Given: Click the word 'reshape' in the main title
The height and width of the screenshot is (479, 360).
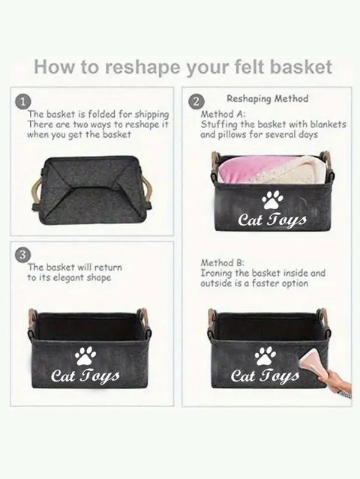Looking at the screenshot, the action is (142, 67).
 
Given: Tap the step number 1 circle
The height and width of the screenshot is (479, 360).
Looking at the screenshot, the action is (22, 102).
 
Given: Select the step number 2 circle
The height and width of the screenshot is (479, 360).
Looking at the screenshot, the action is (195, 102).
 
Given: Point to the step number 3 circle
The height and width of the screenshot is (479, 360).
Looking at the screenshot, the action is (22, 255).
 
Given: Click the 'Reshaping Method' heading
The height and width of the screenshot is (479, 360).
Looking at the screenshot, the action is (268, 99).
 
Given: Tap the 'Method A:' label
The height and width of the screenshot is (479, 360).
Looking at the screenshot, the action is (223, 114).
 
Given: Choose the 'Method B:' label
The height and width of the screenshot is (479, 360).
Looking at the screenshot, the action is (223, 262).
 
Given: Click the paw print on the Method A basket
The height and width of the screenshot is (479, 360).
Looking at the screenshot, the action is (272, 200).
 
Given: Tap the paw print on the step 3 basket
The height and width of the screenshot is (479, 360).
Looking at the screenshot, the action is (85, 356).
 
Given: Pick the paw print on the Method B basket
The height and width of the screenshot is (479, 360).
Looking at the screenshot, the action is (265, 356).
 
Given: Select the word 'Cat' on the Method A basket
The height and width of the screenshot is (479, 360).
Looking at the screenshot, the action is (249, 220).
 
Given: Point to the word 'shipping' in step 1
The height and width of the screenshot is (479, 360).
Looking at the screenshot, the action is (152, 115).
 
